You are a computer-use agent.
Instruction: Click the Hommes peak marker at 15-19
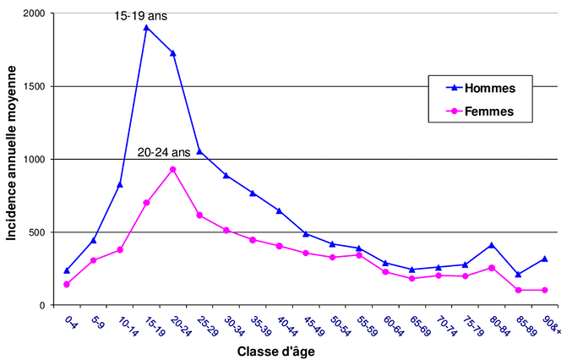146,27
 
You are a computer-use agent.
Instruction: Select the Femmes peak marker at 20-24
172,169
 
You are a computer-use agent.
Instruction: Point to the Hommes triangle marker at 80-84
491,245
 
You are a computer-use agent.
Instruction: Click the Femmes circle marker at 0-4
67,284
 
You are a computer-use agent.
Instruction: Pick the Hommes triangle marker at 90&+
544,259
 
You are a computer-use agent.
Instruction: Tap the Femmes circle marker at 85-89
517,290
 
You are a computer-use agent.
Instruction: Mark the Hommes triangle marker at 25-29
199,151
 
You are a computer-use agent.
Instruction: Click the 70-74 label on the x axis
442,325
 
